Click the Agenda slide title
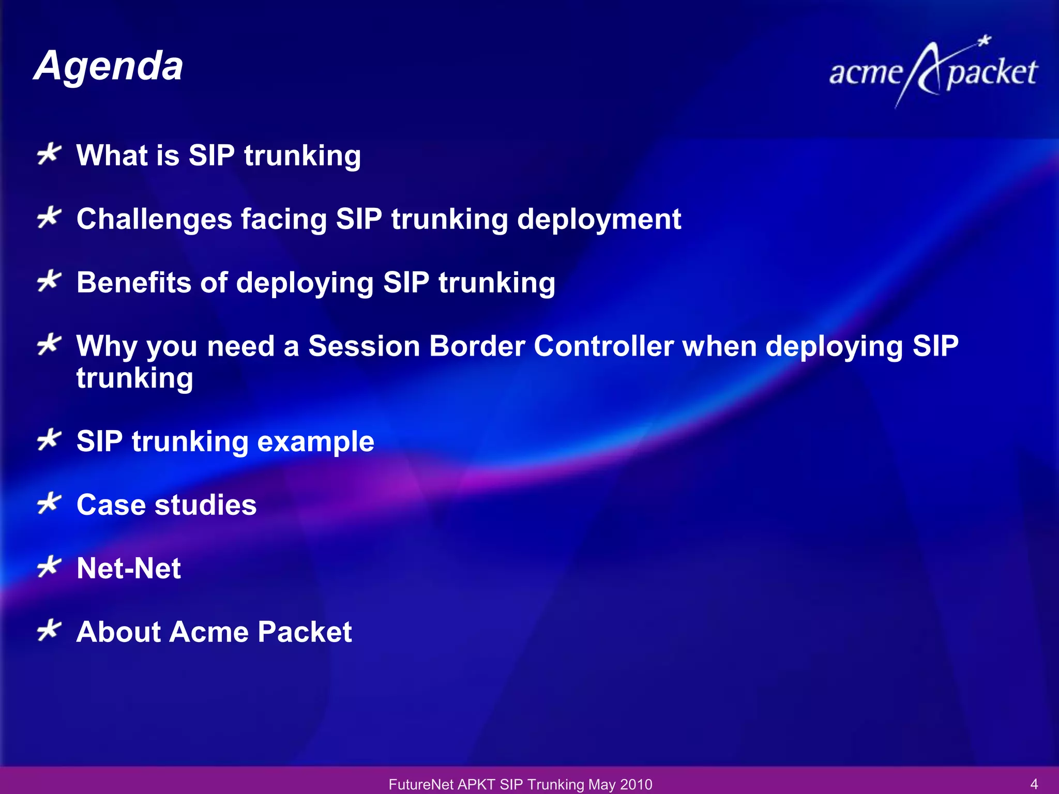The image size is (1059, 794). (109, 66)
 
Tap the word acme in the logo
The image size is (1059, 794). (866, 73)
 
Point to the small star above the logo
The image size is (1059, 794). (985, 41)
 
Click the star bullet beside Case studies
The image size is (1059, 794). (49, 503)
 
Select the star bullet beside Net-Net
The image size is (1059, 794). (49, 567)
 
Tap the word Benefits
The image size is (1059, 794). (134, 283)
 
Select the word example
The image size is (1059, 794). (315, 441)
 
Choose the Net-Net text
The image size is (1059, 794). (129, 569)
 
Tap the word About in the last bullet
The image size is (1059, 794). (118, 632)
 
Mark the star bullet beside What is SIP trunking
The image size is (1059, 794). (49, 154)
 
